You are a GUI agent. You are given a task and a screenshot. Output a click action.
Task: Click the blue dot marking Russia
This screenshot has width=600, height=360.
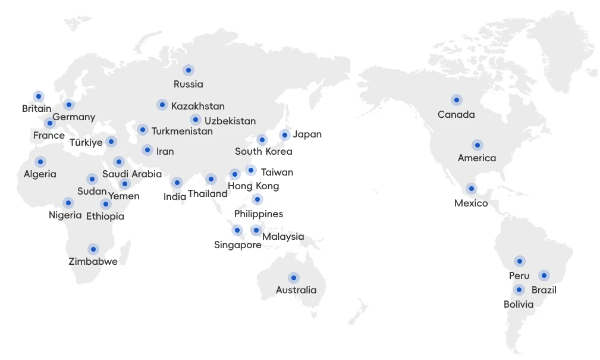pyautogui.click(x=189, y=70)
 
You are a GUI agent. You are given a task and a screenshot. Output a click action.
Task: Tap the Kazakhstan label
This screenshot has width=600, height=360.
pyautogui.click(x=198, y=107)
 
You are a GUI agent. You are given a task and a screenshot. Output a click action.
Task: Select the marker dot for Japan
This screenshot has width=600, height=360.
pyautogui.click(x=285, y=135)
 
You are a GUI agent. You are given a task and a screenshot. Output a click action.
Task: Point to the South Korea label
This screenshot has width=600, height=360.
pyautogui.click(x=263, y=151)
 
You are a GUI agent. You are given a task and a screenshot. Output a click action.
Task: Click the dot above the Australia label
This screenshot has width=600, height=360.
pyautogui.click(x=294, y=278)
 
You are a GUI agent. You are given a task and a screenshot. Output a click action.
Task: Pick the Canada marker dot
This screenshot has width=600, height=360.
pyautogui.click(x=456, y=100)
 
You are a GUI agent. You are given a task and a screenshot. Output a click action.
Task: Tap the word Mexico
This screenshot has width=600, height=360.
pyautogui.click(x=471, y=204)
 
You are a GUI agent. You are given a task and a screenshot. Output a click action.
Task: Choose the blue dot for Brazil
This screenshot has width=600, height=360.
pyautogui.click(x=544, y=276)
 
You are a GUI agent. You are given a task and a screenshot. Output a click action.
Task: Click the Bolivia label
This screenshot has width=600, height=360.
pyautogui.click(x=519, y=304)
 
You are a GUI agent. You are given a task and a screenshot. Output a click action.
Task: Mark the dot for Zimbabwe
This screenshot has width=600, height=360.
pyautogui.click(x=93, y=249)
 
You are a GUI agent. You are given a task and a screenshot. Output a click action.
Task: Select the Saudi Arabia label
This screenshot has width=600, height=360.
pyautogui.click(x=132, y=174)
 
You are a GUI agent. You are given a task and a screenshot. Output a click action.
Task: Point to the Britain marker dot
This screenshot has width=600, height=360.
pyautogui.click(x=39, y=96)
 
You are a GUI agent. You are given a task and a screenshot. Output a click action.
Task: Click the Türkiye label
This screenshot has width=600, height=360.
pyautogui.click(x=86, y=142)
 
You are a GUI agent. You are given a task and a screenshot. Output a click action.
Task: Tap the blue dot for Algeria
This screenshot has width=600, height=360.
pyautogui.click(x=40, y=162)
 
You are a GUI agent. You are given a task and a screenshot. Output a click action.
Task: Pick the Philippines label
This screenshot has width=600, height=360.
pyautogui.click(x=259, y=214)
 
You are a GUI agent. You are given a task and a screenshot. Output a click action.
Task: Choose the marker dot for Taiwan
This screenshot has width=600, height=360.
pyautogui.click(x=251, y=171)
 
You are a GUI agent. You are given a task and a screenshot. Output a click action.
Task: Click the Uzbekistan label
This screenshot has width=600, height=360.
pyautogui.click(x=230, y=121)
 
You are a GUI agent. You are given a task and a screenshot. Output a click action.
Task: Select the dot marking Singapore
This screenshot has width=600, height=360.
pyautogui.click(x=237, y=230)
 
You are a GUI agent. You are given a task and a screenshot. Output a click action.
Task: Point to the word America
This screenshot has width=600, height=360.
pyautogui.click(x=477, y=158)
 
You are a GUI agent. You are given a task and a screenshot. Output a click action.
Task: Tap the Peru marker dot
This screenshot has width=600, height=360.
pyautogui.click(x=520, y=261)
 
